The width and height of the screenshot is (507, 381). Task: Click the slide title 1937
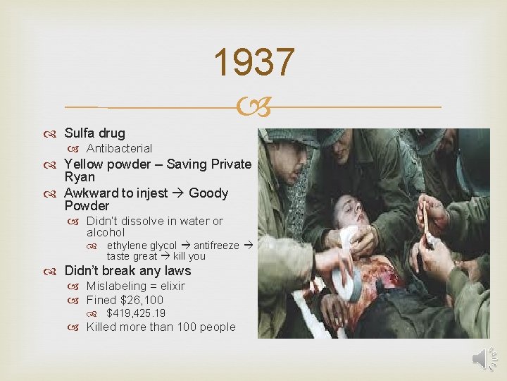click(x=254, y=63)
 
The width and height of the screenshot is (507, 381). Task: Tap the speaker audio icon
click(x=484, y=360)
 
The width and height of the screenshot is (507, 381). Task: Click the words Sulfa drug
click(x=94, y=133)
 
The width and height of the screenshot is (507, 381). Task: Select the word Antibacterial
click(x=119, y=148)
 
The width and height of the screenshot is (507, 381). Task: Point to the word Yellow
click(x=83, y=164)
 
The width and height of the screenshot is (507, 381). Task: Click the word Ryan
click(x=80, y=177)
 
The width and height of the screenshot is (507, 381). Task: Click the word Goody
click(x=208, y=193)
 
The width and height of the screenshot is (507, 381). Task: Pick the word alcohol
click(x=106, y=232)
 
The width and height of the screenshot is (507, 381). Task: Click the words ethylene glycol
click(x=142, y=246)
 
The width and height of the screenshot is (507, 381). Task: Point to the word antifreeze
click(x=216, y=246)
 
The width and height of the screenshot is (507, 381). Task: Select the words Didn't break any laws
click(x=127, y=270)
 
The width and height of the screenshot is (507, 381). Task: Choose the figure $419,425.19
click(x=136, y=313)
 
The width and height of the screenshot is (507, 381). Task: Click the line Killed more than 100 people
click(x=161, y=327)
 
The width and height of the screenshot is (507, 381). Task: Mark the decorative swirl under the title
click(x=253, y=107)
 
